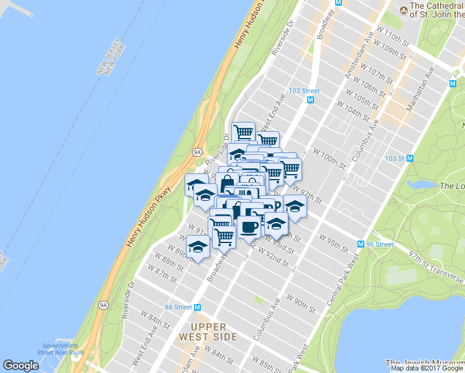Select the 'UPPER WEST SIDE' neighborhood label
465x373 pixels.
[206, 331]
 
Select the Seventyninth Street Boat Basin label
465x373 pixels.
[63, 349]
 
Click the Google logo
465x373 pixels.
[21, 366]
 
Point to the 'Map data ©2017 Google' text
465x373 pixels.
[427, 368]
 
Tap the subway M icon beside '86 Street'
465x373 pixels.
[198, 306]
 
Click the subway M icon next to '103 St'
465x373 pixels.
[410, 158]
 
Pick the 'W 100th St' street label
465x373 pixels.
[329, 158]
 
